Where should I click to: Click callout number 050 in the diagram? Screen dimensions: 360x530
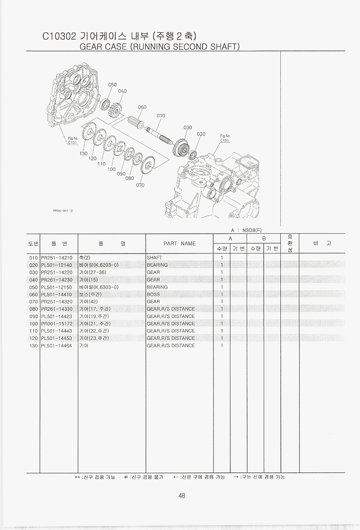pos(112,85)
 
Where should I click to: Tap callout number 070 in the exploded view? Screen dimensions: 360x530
pos(140,185)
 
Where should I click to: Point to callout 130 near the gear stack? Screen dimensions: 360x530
pos(83,154)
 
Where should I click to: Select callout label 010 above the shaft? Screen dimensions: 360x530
pos(161,116)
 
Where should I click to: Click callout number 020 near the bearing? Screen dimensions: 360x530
pos(201,134)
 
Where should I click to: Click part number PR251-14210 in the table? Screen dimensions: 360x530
pos(57,258)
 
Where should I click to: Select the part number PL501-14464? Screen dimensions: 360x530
pos(56,345)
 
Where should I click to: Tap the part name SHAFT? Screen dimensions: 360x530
pos(154,258)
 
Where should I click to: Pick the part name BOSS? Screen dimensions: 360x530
pos(153,294)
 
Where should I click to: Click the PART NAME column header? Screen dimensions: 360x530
pos(180,243)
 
